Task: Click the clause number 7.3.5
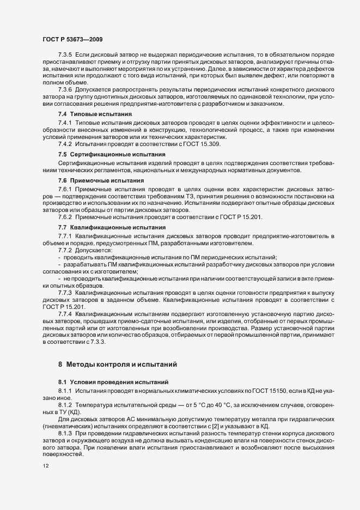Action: (x=65, y=56)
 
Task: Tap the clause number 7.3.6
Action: (x=65, y=88)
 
